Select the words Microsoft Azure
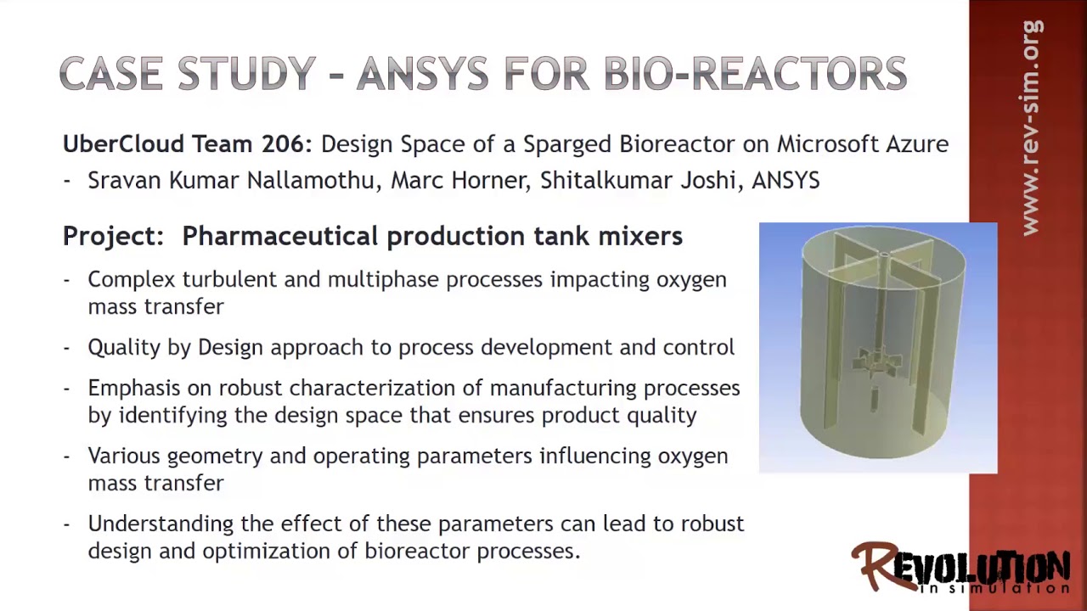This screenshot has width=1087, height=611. click(x=862, y=144)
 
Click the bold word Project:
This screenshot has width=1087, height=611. click(x=113, y=236)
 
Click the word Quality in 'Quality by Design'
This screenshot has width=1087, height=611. click(x=118, y=347)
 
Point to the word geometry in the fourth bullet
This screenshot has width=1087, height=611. click(x=214, y=457)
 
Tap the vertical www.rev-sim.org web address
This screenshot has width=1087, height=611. click(x=1031, y=127)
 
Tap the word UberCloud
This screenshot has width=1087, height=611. click(x=124, y=144)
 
